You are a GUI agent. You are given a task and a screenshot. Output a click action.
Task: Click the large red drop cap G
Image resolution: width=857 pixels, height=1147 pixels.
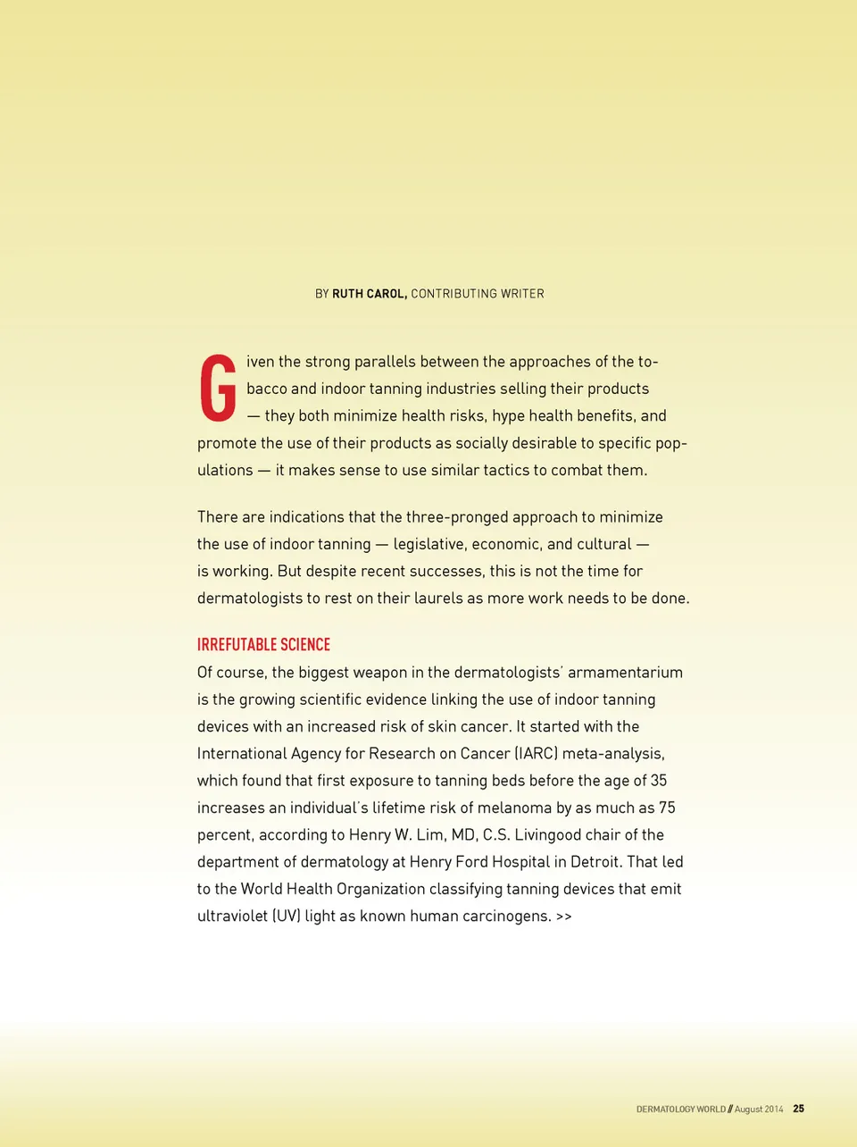218,388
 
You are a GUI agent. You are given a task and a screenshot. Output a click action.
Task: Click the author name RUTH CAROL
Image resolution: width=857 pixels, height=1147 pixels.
369,294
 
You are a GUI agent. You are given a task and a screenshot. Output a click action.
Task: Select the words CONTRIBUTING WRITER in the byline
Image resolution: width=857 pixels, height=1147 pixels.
478,294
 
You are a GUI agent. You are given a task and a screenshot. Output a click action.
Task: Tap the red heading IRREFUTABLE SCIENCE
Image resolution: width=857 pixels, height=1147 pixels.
263,645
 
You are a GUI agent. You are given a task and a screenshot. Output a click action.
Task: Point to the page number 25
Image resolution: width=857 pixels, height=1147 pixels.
798,1109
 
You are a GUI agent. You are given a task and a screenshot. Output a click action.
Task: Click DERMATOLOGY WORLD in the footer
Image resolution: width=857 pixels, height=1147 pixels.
680,1109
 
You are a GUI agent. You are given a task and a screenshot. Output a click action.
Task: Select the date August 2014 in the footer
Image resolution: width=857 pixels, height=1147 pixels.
759,1109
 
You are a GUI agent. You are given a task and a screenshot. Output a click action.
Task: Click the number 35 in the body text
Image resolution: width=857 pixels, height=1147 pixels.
659,781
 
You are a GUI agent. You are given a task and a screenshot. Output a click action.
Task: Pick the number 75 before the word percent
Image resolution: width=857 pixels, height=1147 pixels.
667,808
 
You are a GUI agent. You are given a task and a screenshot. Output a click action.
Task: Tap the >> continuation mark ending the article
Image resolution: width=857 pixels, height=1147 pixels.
563,917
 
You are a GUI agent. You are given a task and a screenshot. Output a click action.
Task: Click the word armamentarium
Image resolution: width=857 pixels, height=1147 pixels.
625,673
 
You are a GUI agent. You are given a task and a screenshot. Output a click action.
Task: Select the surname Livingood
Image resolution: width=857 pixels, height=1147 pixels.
549,835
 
